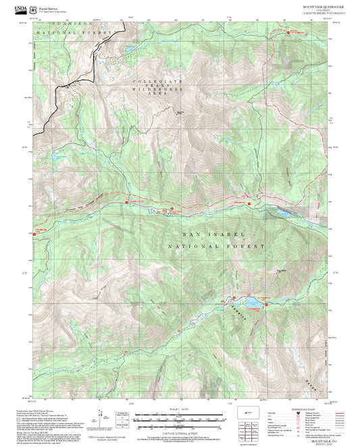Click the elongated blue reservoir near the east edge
coord(281,213)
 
